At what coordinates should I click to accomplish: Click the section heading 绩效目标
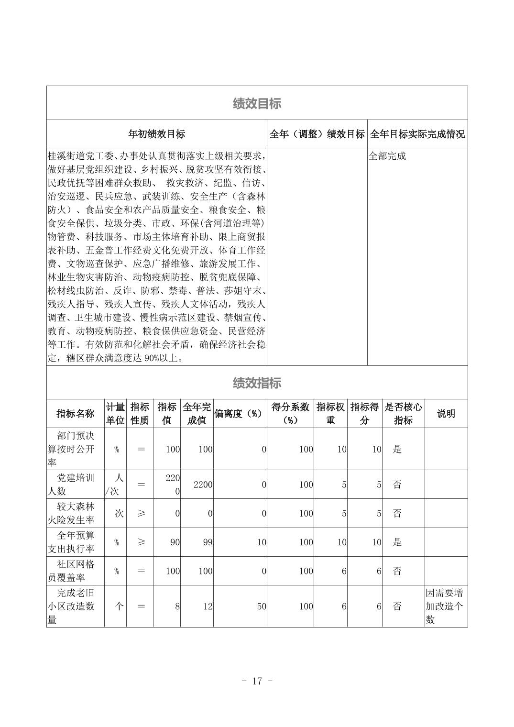pyautogui.click(x=257, y=103)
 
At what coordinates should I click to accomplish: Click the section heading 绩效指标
pyautogui.click(x=257, y=383)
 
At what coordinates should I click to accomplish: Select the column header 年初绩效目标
pyautogui.click(x=156, y=134)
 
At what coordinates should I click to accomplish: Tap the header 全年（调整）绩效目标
pyautogui.click(x=317, y=134)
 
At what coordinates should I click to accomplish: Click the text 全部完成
pyautogui.click(x=387, y=156)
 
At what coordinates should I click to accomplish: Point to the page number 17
pyautogui.click(x=257, y=681)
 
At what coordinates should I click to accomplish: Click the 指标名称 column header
pyautogui.click(x=76, y=414)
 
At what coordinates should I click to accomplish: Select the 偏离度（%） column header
pyautogui.click(x=240, y=414)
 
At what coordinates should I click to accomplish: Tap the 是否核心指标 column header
pyautogui.click(x=403, y=414)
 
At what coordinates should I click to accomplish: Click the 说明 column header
pyautogui.click(x=446, y=414)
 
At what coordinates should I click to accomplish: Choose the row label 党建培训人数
pyautogui.click(x=76, y=485)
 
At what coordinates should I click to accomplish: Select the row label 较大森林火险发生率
pyautogui.click(x=76, y=513)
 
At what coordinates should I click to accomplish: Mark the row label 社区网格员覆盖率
pyautogui.click(x=76, y=571)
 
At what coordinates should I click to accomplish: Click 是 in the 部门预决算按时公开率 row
pyautogui.click(x=397, y=449)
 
